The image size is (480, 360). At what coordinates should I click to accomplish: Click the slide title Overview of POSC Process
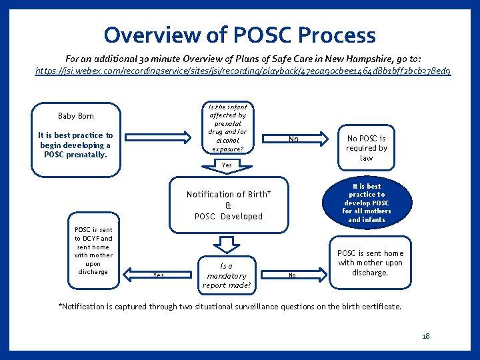point(239,35)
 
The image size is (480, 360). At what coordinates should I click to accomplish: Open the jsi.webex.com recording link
point(243,70)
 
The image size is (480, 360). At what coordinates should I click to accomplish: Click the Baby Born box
point(75,116)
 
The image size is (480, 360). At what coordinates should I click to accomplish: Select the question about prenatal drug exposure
point(227,128)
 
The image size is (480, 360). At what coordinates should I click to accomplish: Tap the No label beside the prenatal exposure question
point(293,140)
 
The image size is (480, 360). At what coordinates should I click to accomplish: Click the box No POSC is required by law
point(366,148)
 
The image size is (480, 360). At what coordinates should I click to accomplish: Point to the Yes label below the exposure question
point(227,165)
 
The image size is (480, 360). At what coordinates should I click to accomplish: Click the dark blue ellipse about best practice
point(366,203)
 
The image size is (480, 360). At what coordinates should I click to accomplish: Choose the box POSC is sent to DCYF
point(93,251)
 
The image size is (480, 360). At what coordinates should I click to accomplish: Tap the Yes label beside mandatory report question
point(158,275)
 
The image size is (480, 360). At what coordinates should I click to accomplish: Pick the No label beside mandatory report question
point(291,275)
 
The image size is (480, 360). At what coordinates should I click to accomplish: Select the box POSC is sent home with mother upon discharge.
point(370,263)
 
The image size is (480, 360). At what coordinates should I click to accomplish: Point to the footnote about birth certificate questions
point(230,307)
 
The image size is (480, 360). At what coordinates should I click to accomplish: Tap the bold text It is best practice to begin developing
point(76,145)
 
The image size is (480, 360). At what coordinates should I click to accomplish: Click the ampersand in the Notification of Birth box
point(228,205)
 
